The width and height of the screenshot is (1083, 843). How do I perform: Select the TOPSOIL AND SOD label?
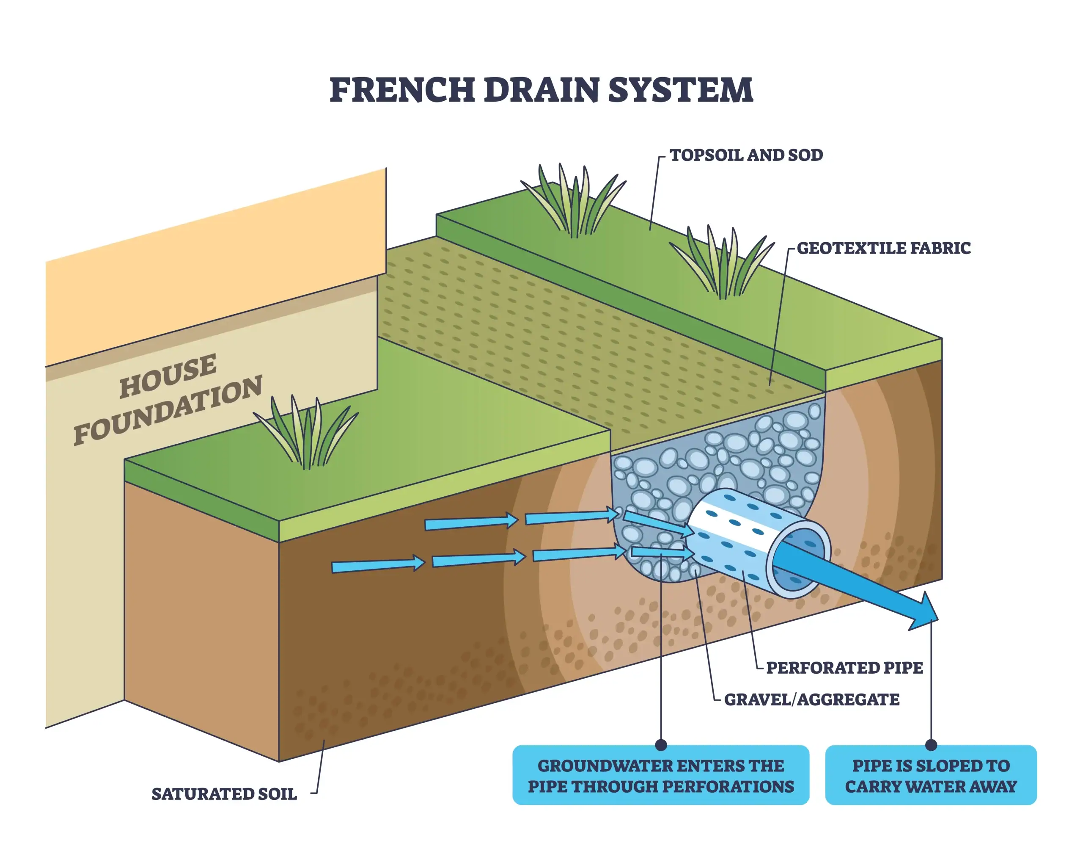746,155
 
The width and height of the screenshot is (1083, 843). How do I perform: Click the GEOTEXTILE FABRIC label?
883,248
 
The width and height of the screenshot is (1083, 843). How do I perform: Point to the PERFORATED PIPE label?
844,668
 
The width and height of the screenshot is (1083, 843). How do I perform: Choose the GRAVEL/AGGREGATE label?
811,699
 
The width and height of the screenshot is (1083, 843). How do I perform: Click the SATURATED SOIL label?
224,794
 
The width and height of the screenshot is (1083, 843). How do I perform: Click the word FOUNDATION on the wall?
168,411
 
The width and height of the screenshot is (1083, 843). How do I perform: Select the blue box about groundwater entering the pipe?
660,776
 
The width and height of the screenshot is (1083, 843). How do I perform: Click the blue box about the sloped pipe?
931,776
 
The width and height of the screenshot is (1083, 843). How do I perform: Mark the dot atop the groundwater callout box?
660,745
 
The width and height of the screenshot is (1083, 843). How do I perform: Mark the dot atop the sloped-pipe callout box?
931,745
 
